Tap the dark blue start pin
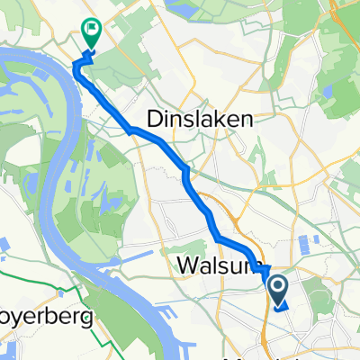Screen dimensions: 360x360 point(278,290)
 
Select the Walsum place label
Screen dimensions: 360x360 point(213,267)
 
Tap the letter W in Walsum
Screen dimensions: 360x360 point(176,267)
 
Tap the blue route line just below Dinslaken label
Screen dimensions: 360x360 point(162,144)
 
